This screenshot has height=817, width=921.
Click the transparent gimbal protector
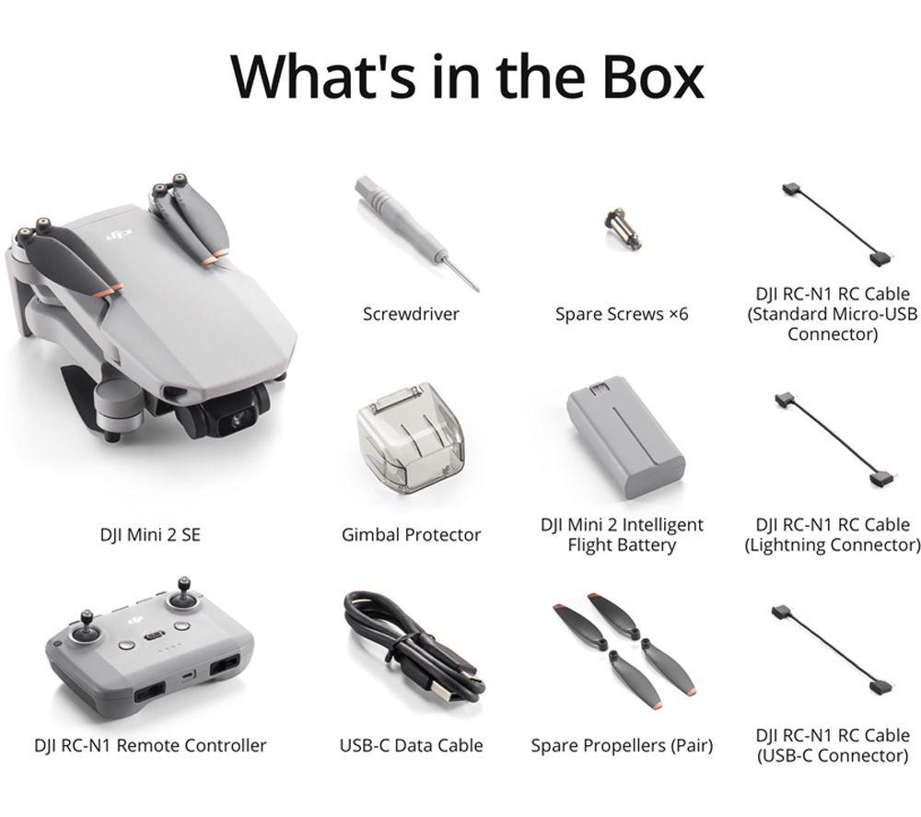pyautogui.click(x=410, y=437)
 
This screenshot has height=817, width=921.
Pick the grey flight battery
pyautogui.click(x=625, y=437)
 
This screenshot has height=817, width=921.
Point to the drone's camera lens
pyautogui.click(x=239, y=419)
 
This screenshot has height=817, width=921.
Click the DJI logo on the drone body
pyautogui.click(x=119, y=236)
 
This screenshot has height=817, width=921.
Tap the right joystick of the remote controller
pyautogui.click(x=182, y=595)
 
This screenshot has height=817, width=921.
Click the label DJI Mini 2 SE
pyautogui.click(x=150, y=535)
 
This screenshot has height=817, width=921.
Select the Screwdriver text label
pyautogui.click(x=411, y=314)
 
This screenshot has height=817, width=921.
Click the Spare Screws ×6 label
pyautogui.click(x=622, y=314)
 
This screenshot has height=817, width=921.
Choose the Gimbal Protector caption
pyautogui.click(x=411, y=535)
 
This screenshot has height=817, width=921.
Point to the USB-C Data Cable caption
pyautogui.click(x=411, y=746)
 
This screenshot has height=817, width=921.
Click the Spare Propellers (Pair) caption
pyautogui.click(x=622, y=746)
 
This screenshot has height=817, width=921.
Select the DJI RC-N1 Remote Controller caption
pyautogui.click(x=150, y=746)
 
